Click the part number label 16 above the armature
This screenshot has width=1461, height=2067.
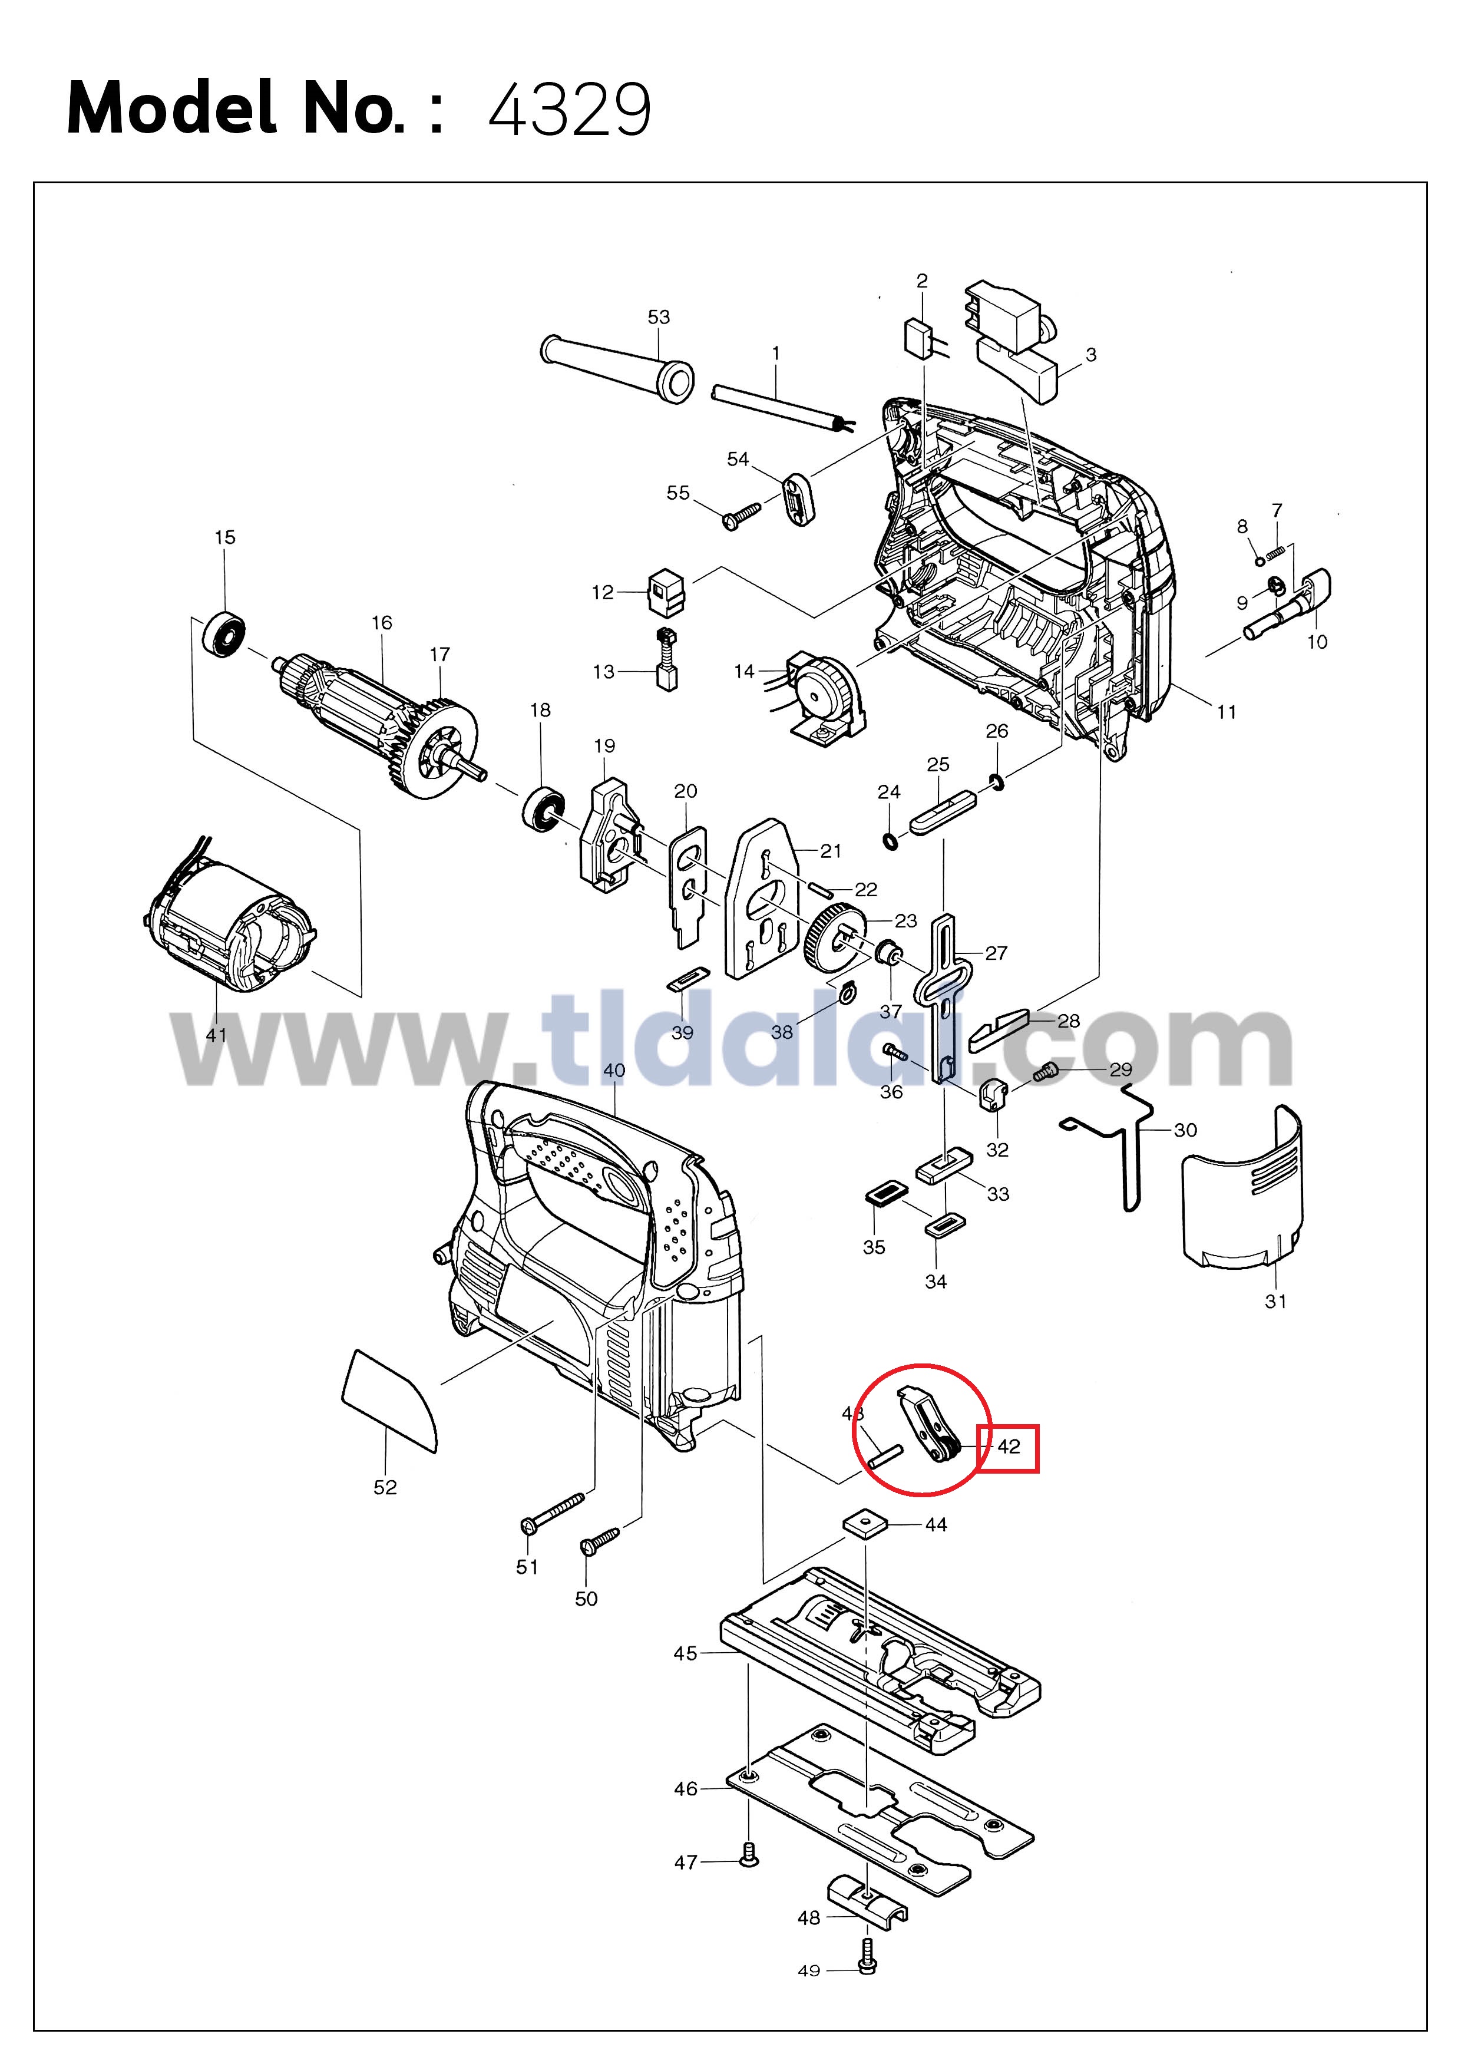[x=382, y=622]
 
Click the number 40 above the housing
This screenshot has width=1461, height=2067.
[x=614, y=1071]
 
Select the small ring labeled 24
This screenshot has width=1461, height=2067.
[x=890, y=842]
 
